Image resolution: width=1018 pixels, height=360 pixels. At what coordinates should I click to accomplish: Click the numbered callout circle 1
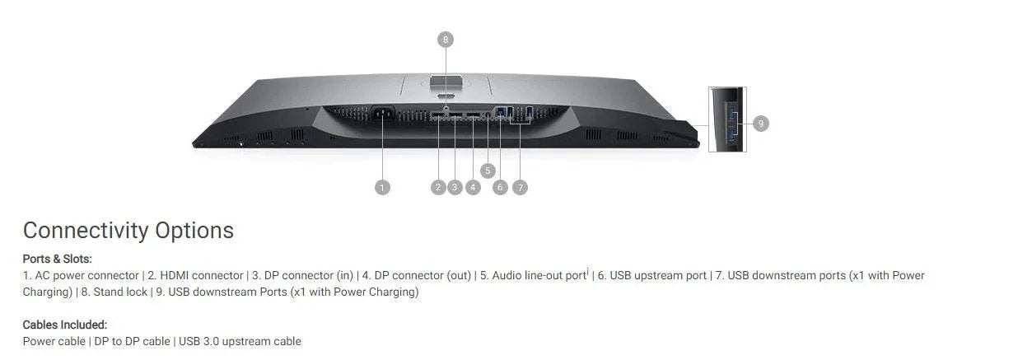(382, 188)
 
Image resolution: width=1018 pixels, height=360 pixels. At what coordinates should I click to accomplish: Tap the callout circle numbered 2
(438, 188)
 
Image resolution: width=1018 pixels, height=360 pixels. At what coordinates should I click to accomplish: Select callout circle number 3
(455, 188)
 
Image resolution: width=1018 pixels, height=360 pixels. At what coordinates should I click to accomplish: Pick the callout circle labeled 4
(473, 188)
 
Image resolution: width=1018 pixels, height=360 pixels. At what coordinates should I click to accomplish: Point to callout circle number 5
(488, 171)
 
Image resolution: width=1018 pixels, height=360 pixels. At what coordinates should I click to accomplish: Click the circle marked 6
(500, 188)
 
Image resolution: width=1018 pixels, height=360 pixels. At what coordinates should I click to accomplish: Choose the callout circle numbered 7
(520, 188)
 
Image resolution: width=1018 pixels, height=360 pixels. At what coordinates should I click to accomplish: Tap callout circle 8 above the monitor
(446, 39)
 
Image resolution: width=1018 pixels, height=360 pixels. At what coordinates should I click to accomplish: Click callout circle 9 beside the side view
(761, 124)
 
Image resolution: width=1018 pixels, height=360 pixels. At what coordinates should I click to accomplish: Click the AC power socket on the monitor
(382, 115)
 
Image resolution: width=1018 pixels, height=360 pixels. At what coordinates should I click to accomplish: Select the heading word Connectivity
(86, 231)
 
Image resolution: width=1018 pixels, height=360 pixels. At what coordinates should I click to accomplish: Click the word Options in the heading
(194, 231)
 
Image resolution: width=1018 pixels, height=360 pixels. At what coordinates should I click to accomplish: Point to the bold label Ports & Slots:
(57, 259)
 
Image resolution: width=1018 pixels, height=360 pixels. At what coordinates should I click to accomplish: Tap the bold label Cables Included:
(65, 325)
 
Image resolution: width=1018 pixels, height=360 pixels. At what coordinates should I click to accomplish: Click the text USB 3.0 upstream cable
(240, 341)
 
